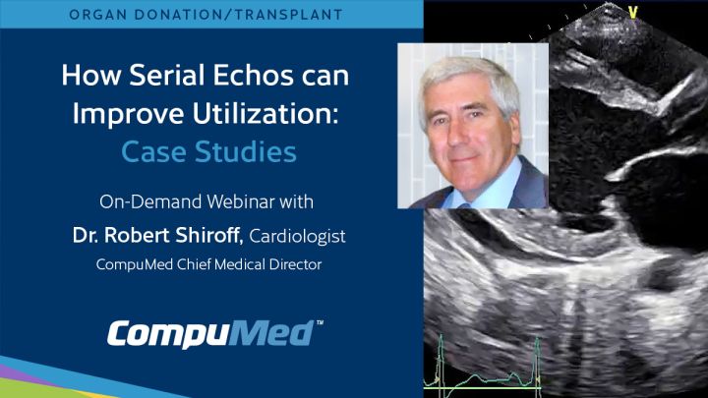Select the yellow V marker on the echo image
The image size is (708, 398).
(632, 12)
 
